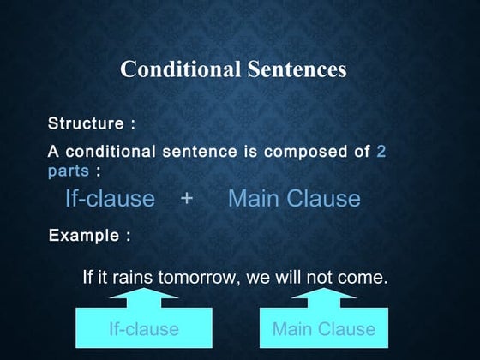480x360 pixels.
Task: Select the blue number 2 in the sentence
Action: point(381,153)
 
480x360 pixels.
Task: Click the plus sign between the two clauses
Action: point(187,200)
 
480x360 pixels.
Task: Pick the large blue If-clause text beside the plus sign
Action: point(110,200)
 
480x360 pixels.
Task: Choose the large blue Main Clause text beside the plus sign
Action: point(294,200)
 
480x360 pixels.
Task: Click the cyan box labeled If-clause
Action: point(143,329)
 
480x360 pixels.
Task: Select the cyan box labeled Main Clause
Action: point(323,329)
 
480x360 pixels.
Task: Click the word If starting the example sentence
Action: point(87,279)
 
